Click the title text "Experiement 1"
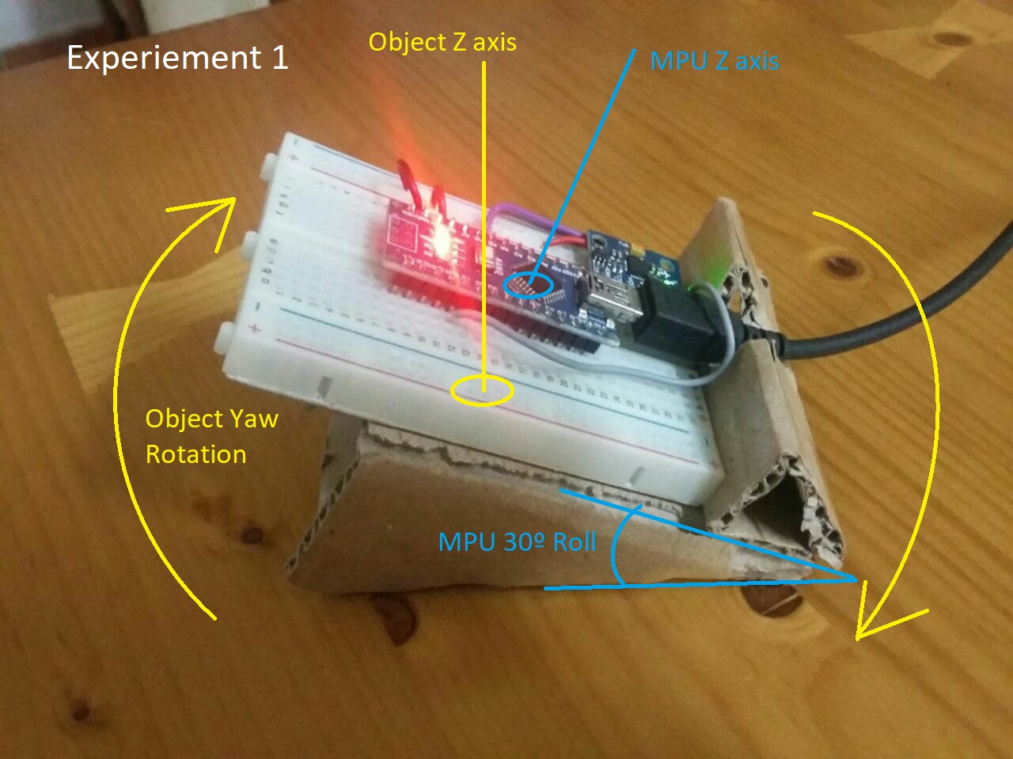[x=177, y=58]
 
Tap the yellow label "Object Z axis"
[x=442, y=41]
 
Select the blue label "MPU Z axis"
[x=714, y=61]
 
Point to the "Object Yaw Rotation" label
[x=211, y=436]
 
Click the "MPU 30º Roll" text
[x=517, y=542]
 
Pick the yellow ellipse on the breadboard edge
[x=482, y=390]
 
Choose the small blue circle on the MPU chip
[x=529, y=284]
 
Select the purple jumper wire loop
[x=522, y=218]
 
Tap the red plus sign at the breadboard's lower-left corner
[x=255, y=328]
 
